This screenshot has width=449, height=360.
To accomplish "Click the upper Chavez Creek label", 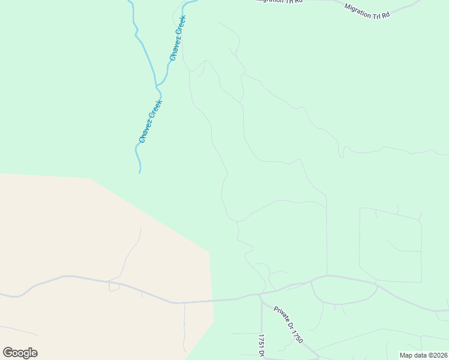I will tap(178, 38).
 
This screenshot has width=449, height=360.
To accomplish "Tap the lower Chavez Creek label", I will tap(151, 121).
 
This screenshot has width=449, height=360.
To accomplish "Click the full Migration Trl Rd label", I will tap(367, 10).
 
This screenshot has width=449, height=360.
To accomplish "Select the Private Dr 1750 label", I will tap(288, 325).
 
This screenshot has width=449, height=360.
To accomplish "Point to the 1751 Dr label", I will tap(262, 344).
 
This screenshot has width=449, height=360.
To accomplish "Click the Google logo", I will tap(20, 353).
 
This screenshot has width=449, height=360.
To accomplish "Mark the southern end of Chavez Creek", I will tap(140, 172).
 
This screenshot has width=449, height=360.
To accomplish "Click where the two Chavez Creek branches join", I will tap(157, 86).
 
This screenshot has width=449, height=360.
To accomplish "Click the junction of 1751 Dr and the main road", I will tap(261, 295).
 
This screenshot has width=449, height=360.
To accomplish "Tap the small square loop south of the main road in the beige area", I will tap(113, 286).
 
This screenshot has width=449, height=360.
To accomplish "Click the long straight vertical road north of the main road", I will tap(327, 240).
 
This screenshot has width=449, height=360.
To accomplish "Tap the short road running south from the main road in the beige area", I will tap(184, 327).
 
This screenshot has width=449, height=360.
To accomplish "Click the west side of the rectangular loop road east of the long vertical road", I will tap(360, 240).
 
